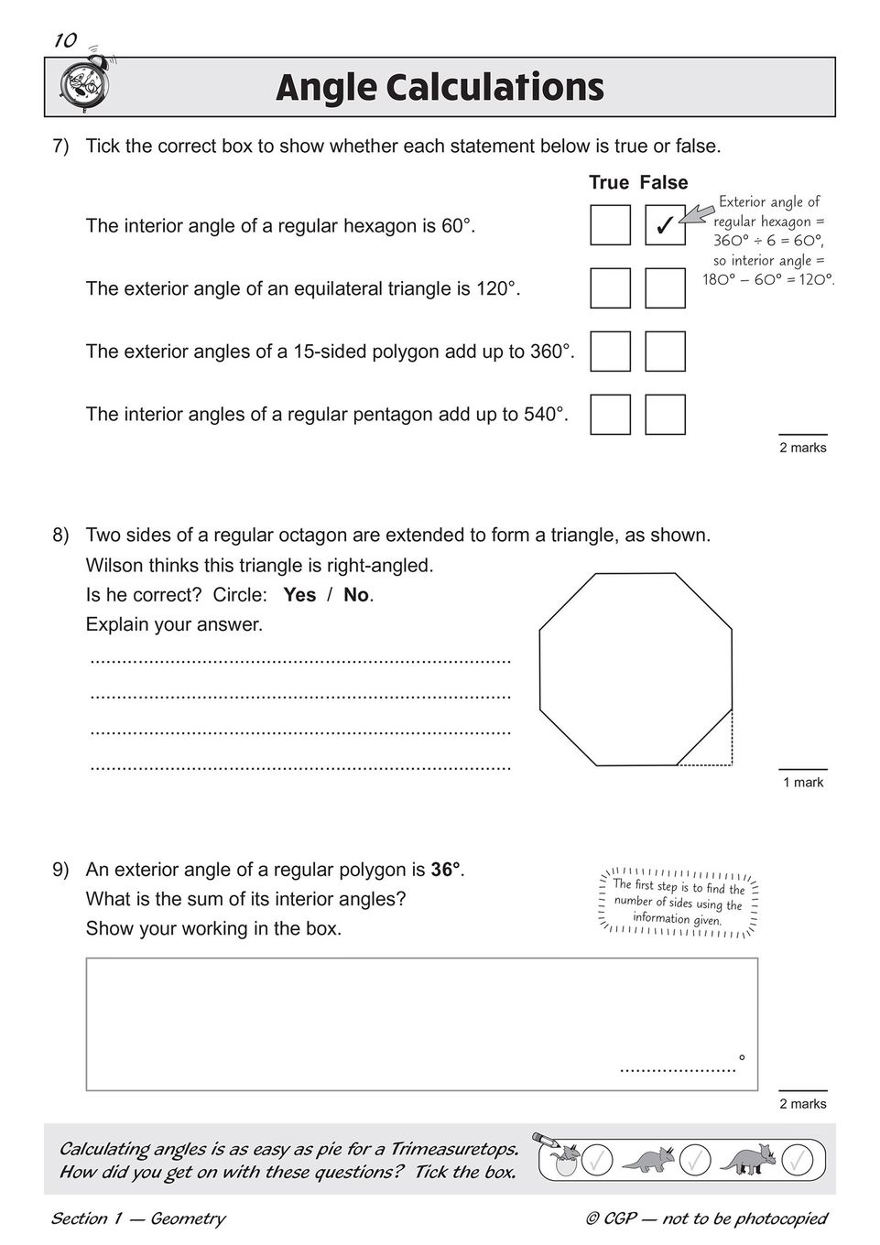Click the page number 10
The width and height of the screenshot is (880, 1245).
[64, 40]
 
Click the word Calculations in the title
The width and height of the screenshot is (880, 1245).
[494, 88]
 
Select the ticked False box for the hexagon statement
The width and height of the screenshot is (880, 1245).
[665, 225]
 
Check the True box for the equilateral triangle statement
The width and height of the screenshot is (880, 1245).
[610, 287]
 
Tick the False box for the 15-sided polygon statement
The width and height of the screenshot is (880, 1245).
[665, 351]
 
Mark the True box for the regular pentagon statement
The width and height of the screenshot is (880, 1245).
[610, 414]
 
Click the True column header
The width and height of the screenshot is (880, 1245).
[608, 182]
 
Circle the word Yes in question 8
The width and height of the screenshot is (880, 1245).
[299, 595]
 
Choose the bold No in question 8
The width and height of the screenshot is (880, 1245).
[356, 595]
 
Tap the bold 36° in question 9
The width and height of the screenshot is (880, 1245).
[446, 870]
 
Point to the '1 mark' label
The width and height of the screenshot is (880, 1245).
[803, 782]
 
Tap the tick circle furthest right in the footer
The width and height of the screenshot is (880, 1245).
[797, 1160]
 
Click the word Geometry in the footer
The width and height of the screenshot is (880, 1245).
[188, 1218]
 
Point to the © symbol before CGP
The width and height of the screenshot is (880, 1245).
[593, 1218]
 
